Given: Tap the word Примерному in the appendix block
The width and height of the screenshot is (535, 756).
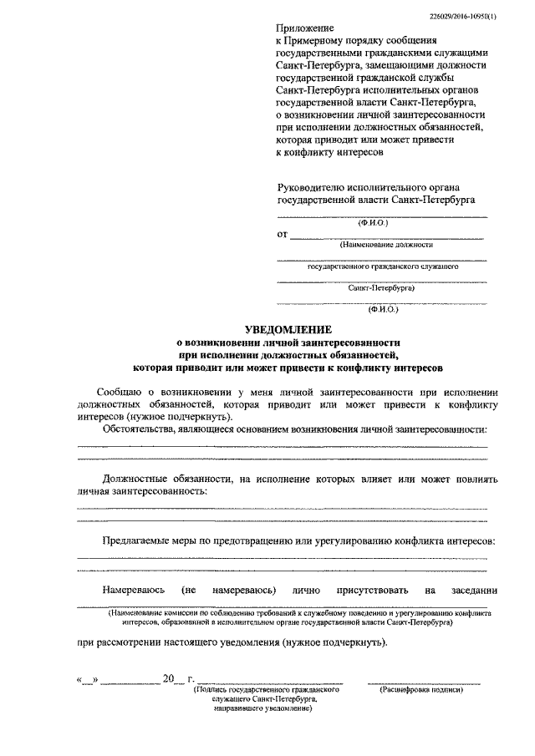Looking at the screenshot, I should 320,41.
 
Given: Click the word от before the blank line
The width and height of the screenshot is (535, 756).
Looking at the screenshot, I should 282,235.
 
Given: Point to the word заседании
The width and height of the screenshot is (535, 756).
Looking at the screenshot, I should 473,590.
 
